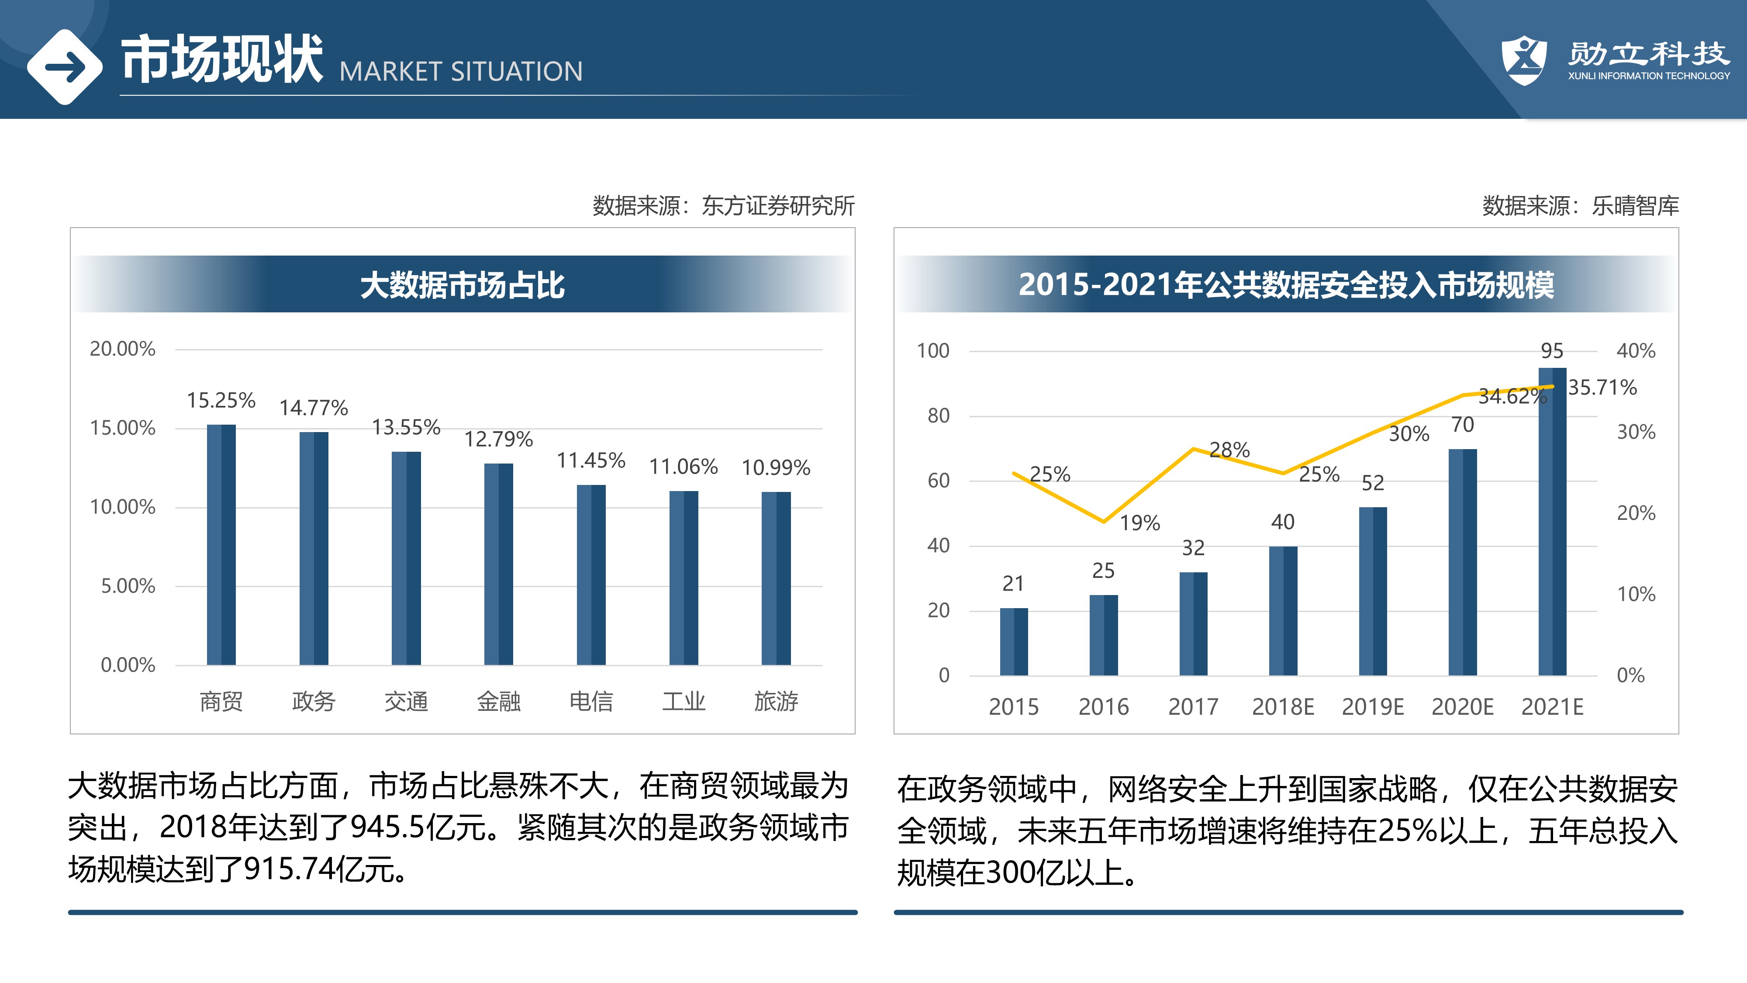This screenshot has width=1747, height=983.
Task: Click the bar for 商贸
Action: pos(221,545)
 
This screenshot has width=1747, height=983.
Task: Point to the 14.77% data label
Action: pos(313,408)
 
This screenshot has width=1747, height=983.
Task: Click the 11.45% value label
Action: pos(590,460)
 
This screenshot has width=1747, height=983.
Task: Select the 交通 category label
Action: pos(406,701)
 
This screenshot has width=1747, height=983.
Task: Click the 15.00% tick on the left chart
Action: pos(123,428)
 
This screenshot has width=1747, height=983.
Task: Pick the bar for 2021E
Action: pos(1552,522)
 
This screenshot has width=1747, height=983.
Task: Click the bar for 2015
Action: pos(1014,642)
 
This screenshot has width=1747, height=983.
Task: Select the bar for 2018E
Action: pos(1283,611)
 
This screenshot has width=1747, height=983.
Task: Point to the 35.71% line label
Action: pos(1602,388)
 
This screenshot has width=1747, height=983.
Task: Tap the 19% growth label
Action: pos(1140,523)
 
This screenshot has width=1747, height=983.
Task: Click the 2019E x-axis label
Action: pos(1373,707)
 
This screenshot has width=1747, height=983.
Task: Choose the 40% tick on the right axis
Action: pos(1636,351)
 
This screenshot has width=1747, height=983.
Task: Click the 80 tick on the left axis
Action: pos(939,416)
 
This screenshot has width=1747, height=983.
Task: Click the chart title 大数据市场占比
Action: pos(463,285)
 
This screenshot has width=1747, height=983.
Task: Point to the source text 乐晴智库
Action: pos(1636,205)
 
